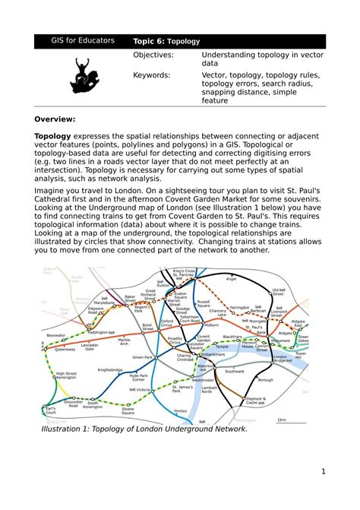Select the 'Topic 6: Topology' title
pos(166,42)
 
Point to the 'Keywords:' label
pos(152,75)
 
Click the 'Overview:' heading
pos(55,119)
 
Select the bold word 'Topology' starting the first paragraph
pos(52,135)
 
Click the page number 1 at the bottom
pos(323,471)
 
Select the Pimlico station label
pos(180,410)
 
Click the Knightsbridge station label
pos(110,370)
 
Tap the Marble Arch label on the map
pos(124,341)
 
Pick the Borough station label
pos(265,380)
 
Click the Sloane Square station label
pos(133,410)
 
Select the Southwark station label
pos(235,372)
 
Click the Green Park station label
pos(143,356)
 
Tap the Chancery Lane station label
pos(218,312)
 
